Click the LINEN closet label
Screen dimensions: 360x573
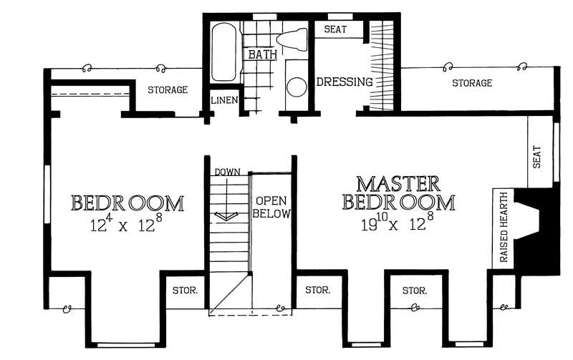tap(223, 100)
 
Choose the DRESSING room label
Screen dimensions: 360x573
tap(345, 82)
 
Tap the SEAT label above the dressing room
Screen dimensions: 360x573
tap(337, 29)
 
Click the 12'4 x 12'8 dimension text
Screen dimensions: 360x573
tap(127, 224)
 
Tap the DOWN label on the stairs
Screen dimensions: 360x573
tap(226, 172)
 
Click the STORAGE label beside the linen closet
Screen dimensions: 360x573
tap(168, 90)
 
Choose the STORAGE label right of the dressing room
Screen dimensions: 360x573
tap(472, 84)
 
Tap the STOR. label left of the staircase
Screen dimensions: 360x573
tap(185, 291)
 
